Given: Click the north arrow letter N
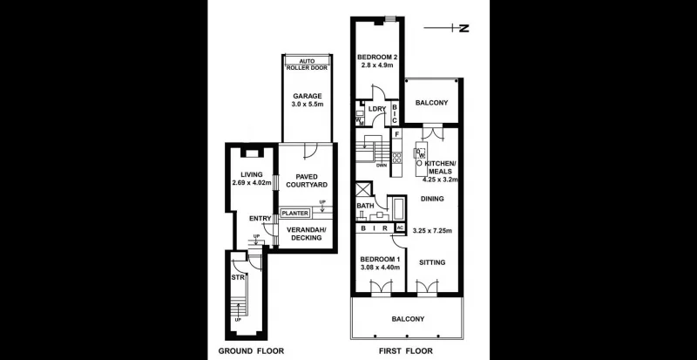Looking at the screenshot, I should (x=464, y=28).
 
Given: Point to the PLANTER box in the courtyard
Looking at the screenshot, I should (x=295, y=213).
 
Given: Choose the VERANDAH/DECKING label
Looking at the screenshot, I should (x=307, y=234).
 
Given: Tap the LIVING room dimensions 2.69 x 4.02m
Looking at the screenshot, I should (x=251, y=183).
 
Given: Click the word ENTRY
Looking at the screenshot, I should (x=259, y=219).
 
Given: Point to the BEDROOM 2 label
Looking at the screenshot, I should (x=377, y=59).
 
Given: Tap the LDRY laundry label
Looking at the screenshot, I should (x=376, y=109).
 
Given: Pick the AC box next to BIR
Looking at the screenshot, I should (x=400, y=228).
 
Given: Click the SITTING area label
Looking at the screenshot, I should (x=432, y=262).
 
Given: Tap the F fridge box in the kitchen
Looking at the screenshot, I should (x=396, y=134).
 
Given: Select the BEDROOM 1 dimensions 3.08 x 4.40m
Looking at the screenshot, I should (x=379, y=268).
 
